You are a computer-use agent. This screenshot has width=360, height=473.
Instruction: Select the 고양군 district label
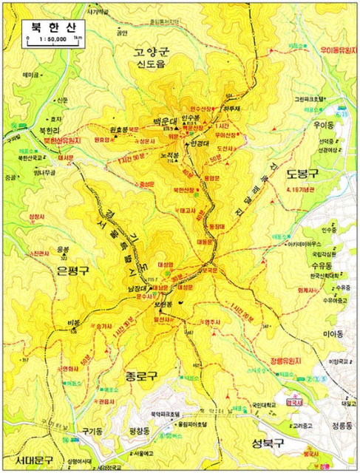click(152, 52)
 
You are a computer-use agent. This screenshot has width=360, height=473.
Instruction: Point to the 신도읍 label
click(153, 65)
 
